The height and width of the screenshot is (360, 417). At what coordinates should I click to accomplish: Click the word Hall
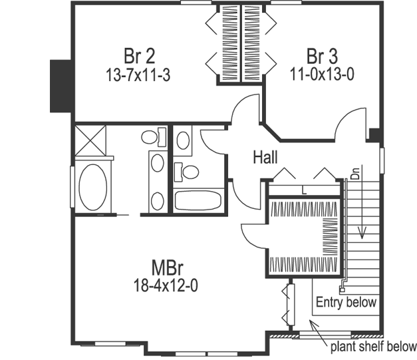[x=265, y=158]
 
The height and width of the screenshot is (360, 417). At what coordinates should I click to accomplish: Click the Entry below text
[x=346, y=302]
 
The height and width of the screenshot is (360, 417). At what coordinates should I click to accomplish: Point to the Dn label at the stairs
[x=355, y=175]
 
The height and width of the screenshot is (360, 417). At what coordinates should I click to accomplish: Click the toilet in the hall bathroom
[x=188, y=172]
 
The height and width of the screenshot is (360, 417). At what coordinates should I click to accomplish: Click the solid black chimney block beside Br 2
[x=61, y=87]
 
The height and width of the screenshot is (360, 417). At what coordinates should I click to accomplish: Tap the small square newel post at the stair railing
[x=342, y=289]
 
